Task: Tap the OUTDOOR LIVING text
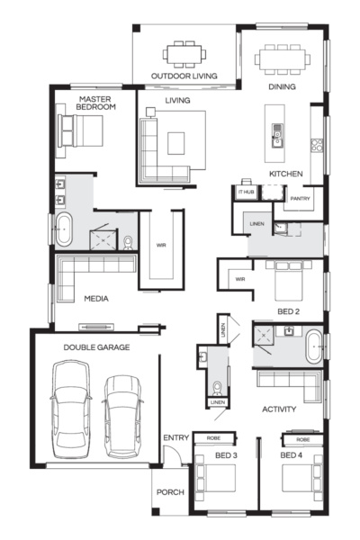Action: (x=184, y=76)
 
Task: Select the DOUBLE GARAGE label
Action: (x=96, y=346)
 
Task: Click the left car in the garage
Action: (x=72, y=405)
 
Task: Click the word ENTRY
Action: (x=175, y=438)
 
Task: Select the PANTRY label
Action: (x=301, y=198)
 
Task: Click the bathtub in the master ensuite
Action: (x=64, y=230)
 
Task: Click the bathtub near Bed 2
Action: (x=313, y=346)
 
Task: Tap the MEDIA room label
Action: (x=97, y=297)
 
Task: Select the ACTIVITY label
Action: (x=279, y=409)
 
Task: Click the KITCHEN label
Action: (x=285, y=173)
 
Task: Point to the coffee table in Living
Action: (x=175, y=140)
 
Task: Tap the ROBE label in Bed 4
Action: (x=302, y=439)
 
